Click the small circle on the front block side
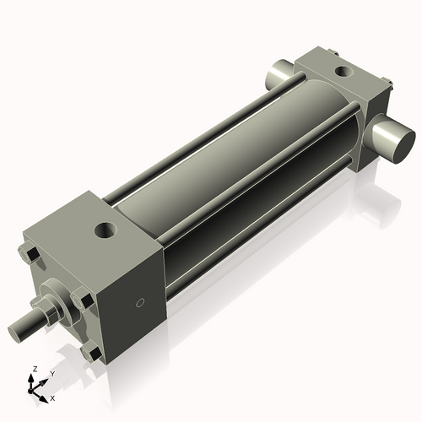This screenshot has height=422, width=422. (x=141, y=301)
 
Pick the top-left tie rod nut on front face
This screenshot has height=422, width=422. (x=30, y=255)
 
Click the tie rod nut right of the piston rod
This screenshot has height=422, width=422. (x=82, y=298)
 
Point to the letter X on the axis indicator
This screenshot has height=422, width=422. (x=53, y=397)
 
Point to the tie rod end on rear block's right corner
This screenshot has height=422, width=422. (x=389, y=83)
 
